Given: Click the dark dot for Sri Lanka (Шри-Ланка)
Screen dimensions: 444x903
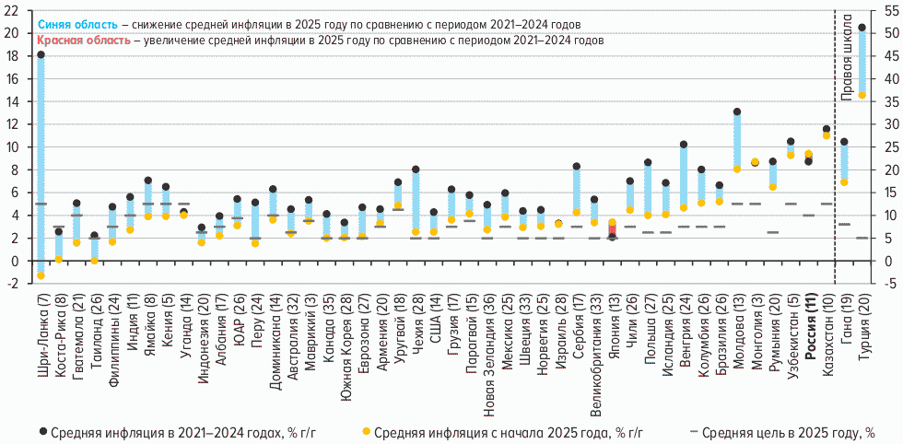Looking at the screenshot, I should pos(41,55).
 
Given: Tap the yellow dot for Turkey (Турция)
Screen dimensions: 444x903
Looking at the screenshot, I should pos(862,95).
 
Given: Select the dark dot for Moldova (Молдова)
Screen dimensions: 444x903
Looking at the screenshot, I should pos(737,112).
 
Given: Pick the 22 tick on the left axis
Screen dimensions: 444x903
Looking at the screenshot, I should pos(11,9).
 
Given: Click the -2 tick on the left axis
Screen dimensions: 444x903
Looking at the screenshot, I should pos(11,283).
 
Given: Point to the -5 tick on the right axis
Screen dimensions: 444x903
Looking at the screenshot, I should pos(888,283).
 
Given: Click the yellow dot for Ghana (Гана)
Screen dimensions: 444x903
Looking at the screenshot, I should pos(844,181).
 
